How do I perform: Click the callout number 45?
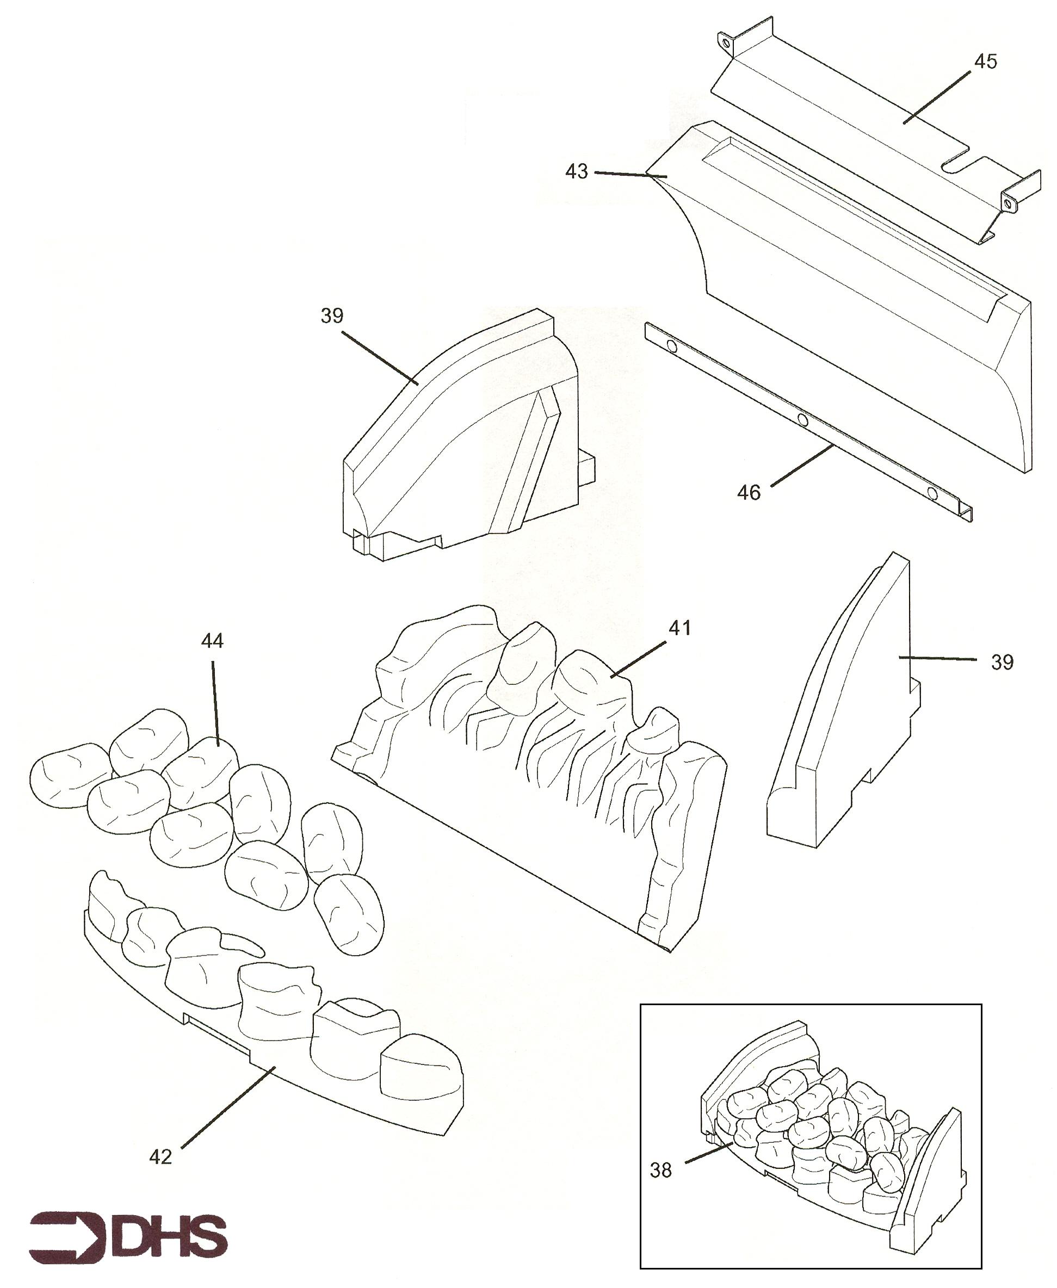pos(986,61)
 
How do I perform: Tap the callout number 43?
pos(577,172)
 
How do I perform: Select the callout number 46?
pos(749,492)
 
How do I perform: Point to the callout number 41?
pos(680,628)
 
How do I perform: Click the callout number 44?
pos(213,640)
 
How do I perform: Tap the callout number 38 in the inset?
pos(660,1170)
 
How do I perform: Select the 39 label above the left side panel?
pos(332,316)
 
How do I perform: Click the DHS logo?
pos(128,1234)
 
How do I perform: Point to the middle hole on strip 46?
pos(802,420)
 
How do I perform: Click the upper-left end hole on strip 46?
pos(672,347)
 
